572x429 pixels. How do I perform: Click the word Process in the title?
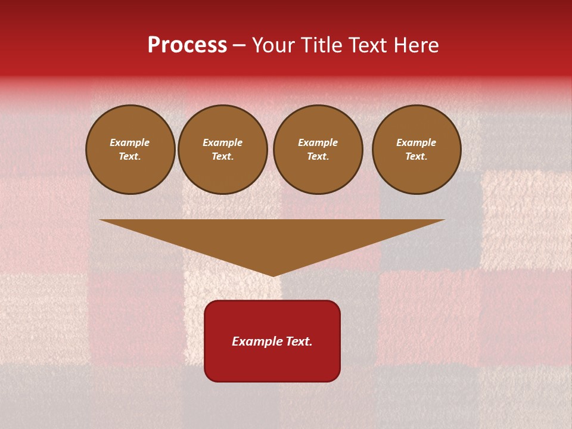point(187,45)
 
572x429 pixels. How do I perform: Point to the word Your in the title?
point(273,45)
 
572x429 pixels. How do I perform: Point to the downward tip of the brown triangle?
point(273,275)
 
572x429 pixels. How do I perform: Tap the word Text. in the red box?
point(299,341)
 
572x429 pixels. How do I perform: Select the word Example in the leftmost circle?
point(130,142)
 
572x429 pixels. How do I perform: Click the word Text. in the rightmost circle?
point(416,156)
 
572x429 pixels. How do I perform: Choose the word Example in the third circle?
point(318,142)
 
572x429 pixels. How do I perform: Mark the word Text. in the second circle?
point(223,156)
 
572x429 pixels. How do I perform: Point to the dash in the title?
point(240,46)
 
